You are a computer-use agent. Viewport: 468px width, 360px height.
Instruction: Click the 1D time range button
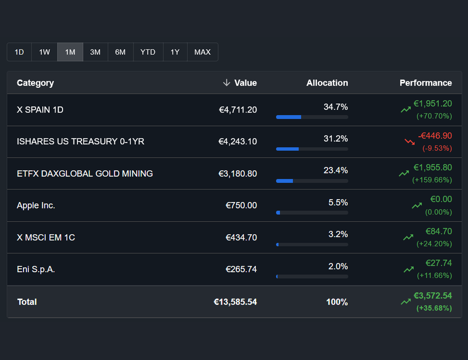tap(19, 52)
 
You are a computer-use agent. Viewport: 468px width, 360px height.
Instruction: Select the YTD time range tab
tap(148, 52)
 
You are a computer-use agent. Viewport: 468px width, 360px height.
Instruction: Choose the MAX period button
tap(202, 52)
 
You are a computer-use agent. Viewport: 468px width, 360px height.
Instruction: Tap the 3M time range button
tap(95, 52)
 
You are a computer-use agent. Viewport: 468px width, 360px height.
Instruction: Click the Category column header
tap(35, 83)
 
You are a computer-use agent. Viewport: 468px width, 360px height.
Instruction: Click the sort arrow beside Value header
tap(226, 83)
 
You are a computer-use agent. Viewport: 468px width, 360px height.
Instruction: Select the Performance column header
tap(425, 83)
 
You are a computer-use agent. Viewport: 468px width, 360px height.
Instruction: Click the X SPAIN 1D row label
tap(40, 110)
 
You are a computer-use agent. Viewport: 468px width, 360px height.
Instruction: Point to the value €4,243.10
tap(237, 142)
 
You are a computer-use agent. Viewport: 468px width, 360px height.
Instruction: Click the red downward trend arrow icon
tap(410, 142)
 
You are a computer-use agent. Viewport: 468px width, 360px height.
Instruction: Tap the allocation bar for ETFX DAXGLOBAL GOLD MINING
tap(311, 181)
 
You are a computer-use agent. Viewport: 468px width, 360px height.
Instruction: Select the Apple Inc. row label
tap(36, 205)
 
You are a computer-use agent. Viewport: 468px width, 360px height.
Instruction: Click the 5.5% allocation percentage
tap(338, 203)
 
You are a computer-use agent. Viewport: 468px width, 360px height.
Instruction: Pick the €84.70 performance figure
tap(438, 231)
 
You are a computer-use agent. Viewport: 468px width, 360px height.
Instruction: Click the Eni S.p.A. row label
tap(36, 269)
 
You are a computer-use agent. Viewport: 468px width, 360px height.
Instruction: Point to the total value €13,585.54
tap(235, 302)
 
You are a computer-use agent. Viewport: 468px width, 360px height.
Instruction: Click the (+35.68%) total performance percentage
tap(434, 308)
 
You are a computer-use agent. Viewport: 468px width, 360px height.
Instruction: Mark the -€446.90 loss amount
tap(434, 136)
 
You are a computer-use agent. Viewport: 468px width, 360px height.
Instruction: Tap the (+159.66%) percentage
tap(432, 180)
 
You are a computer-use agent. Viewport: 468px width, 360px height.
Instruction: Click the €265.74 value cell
tap(241, 269)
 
